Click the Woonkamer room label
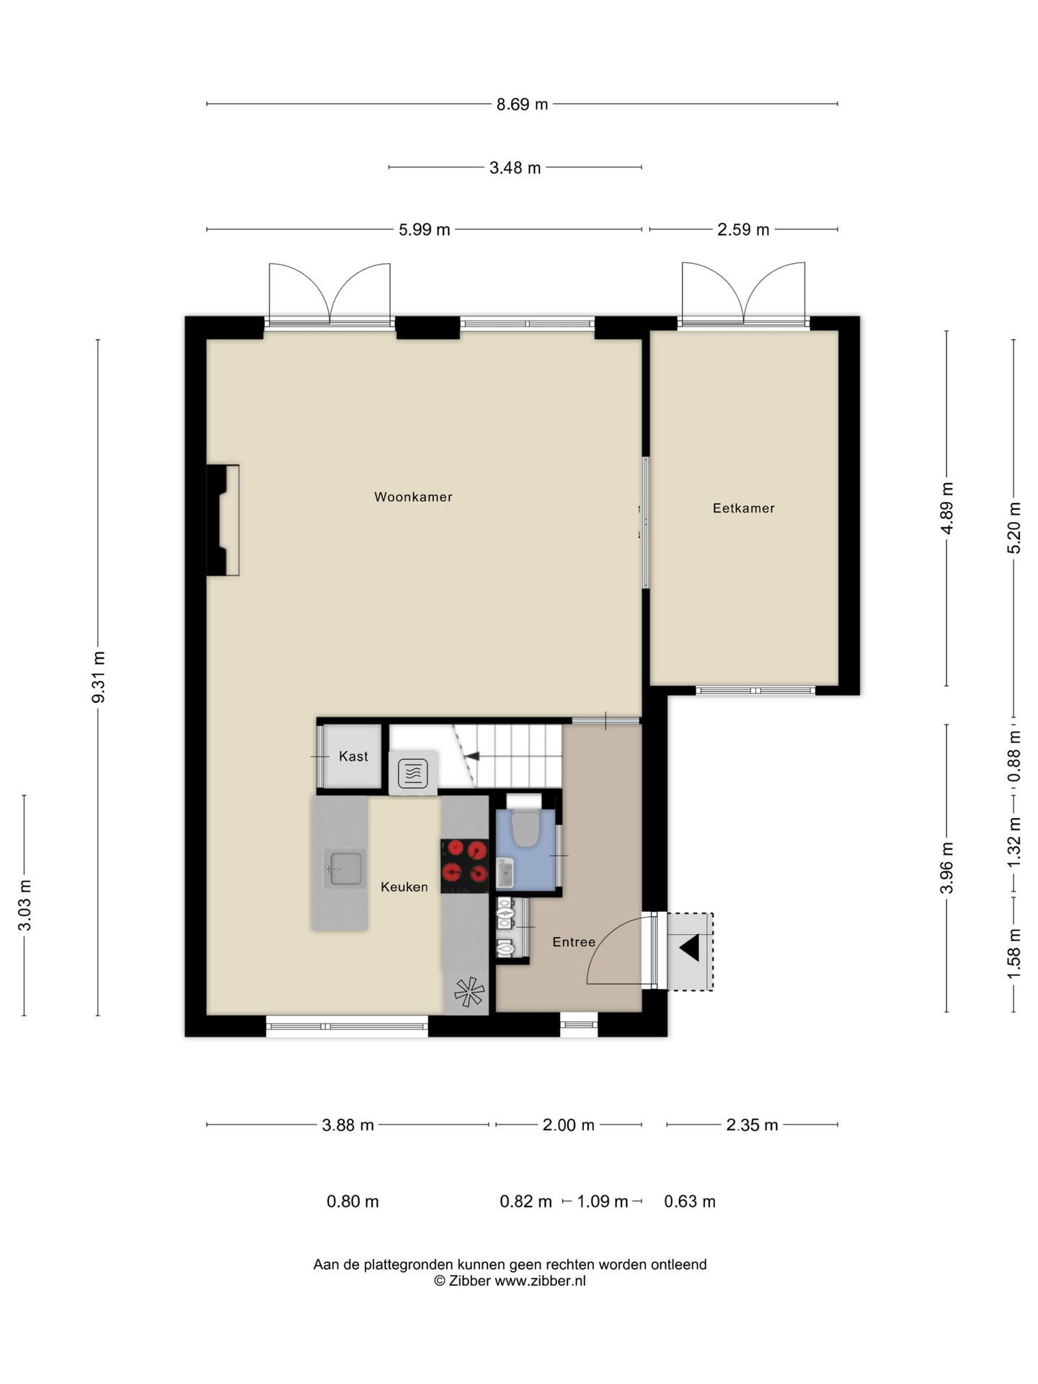(413, 497)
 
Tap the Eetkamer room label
(743, 508)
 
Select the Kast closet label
(353, 756)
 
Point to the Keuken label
(404, 887)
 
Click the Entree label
(574, 941)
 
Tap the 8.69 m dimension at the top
(522, 105)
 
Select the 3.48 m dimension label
(515, 168)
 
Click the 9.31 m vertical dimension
(99, 677)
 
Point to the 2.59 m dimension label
(743, 230)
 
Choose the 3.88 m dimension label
(347, 1125)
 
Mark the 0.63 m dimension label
(690, 1202)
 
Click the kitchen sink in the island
(345, 867)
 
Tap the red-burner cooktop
(465, 862)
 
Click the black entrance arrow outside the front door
(689, 948)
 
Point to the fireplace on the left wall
(223, 520)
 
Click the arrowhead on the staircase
(472, 755)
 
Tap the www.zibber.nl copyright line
(510, 1281)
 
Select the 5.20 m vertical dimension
(1013, 528)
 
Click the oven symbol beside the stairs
(412, 773)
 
